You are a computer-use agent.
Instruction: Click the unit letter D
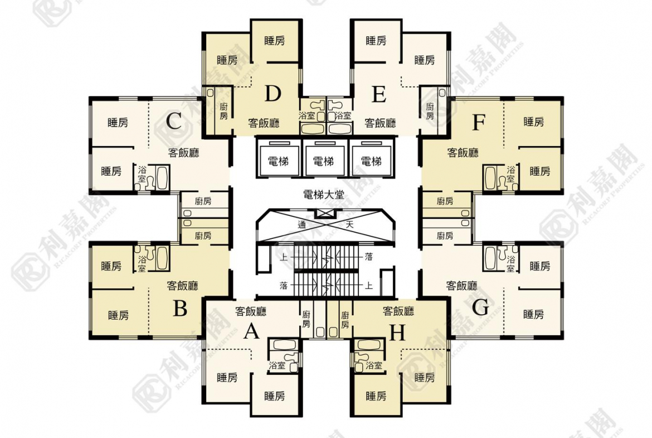click(x=273, y=94)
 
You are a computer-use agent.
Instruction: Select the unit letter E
click(x=379, y=94)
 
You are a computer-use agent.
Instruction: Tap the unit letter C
click(x=174, y=122)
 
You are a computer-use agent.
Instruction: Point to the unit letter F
click(x=479, y=122)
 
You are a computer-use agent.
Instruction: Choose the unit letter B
click(x=180, y=309)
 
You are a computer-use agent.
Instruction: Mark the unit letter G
click(x=481, y=308)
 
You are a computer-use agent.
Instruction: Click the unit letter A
click(x=251, y=332)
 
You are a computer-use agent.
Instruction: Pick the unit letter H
click(x=397, y=333)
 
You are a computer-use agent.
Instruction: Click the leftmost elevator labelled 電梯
click(x=278, y=161)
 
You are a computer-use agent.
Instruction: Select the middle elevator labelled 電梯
click(x=323, y=161)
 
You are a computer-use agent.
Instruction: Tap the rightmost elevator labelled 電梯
click(x=371, y=161)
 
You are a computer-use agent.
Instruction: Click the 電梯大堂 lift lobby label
click(x=324, y=194)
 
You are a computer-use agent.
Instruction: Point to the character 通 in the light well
click(x=302, y=225)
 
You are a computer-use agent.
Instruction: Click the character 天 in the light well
click(x=350, y=225)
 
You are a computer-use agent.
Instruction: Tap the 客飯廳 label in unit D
click(x=264, y=123)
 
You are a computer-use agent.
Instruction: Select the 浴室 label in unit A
click(x=277, y=365)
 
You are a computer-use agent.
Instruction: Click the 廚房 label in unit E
click(x=430, y=111)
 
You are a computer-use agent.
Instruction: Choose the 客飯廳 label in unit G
click(x=461, y=286)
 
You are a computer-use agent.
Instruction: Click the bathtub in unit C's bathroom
click(x=162, y=178)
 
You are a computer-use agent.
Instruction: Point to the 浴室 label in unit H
click(x=374, y=365)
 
